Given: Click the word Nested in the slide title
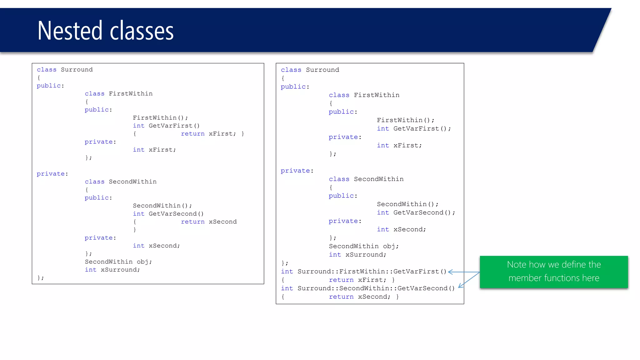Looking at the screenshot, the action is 70,31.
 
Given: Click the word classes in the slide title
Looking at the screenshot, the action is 142,31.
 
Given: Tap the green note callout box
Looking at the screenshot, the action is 553,272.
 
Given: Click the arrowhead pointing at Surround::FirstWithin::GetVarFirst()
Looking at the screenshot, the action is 450,272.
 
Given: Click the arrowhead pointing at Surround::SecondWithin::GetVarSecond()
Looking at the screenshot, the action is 460,286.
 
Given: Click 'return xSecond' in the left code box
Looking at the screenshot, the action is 209,222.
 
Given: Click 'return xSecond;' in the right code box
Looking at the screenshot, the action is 359,297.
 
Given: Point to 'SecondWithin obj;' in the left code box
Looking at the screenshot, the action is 118,262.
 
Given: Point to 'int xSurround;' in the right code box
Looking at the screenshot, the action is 357,255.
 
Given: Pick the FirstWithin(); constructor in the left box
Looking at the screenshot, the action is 160,118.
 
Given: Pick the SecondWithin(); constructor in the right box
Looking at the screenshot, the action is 407,204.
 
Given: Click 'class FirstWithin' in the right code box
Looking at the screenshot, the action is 364,95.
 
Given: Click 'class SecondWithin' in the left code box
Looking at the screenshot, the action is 121,182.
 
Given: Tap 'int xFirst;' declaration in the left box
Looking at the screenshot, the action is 154,150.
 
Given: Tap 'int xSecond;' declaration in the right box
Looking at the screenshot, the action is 401,229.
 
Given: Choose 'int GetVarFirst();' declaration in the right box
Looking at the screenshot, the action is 414,128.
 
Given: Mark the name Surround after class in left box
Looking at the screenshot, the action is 77,70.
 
